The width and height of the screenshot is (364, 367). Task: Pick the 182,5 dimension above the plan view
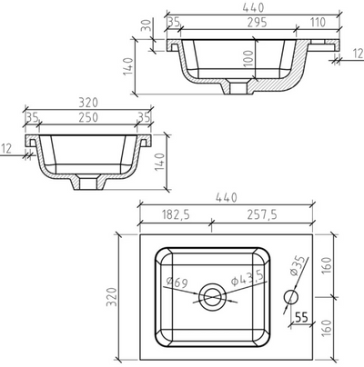[x=173, y=215]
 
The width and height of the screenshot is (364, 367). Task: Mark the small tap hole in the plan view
[x=292, y=296]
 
